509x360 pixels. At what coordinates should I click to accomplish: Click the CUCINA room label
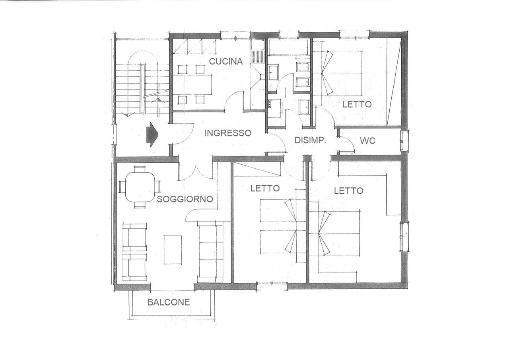pyautogui.click(x=225, y=61)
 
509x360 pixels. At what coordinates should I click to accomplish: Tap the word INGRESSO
pyautogui.click(x=228, y=133)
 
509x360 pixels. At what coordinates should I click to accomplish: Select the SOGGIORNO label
pyautogui.click(x=185, y=199)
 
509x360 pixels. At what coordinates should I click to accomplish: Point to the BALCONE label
pyautogui.click(x=169, y=302)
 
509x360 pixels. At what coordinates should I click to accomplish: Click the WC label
pyautogui.click(x=367, y=141)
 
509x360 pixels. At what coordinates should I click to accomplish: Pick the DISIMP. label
pyautogui.click(x=310, y=140)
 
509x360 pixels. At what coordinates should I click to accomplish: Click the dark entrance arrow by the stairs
pyautogui.click(x=152, y=134)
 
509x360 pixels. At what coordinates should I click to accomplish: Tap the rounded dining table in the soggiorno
pyautogui.click(x=140, y=187)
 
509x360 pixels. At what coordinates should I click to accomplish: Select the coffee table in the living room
pyautogui.click(x=173, y=250)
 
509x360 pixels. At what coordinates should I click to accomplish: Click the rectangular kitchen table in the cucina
pyautogui.click(x=193, y=85)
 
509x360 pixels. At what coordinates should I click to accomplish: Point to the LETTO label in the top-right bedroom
pyautogui.click(x=357, y=104)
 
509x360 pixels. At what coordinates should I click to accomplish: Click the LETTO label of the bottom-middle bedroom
pyautogui.click(x=265, y=188)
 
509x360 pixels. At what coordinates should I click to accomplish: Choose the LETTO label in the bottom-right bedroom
pyautogui.click(x=349, y=191)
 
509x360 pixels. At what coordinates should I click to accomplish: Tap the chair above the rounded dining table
pyautogui.click(x=140, y=169)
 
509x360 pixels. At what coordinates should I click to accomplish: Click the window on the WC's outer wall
pyautogui.click(x=404, y=141)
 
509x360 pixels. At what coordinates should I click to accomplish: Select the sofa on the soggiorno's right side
pyautogui.click(x=210, y=251)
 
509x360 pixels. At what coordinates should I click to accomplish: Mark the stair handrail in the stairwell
pyautogui.click(x=142, y=88)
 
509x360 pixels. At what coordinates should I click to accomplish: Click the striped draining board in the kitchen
pyautogui.click(x=258, y=56)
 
